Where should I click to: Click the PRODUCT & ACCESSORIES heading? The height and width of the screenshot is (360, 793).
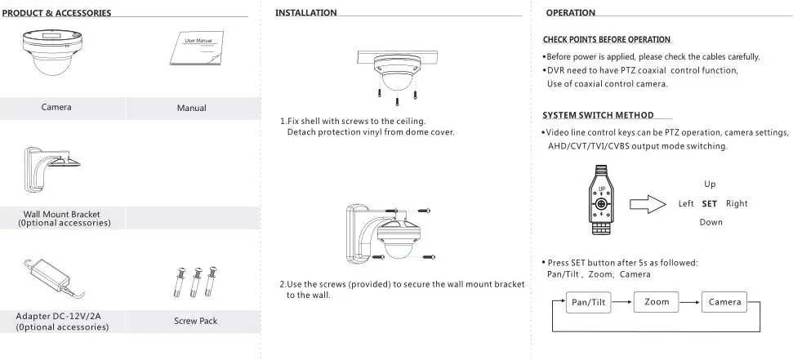click(56, 13)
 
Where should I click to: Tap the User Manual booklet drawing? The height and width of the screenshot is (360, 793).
click(197, 48)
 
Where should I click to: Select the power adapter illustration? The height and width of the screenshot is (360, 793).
click(54, 278)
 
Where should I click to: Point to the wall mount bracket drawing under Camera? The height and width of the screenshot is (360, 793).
click(51, 170)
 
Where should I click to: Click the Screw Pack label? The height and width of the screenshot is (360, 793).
click(196, 321)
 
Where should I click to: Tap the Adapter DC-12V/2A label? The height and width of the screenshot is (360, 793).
click(58, 317)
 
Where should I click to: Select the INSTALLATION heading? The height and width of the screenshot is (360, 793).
click(306, 12)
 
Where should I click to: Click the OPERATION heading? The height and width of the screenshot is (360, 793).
click(571, 12)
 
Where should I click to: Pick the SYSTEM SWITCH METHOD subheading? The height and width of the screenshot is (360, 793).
click(598, 115)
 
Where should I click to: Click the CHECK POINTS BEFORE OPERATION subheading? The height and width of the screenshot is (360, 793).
click(606, 39)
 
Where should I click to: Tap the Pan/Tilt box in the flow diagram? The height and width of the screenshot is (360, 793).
click(588, 302)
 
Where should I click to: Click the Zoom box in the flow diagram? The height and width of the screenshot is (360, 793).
click(657, 302)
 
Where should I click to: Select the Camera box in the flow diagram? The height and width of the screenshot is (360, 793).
click(724, 302)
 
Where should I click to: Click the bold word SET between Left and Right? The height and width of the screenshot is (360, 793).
click(710, 204)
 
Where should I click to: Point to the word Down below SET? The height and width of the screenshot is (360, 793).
click(711, 223)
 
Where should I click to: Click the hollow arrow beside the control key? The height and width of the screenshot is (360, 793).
click(648, 204)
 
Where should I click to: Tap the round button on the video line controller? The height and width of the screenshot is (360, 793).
click(601, 204)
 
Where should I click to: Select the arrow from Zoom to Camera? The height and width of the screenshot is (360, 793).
click(690, 302)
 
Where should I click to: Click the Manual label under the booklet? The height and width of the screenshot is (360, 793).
click(192, 108)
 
